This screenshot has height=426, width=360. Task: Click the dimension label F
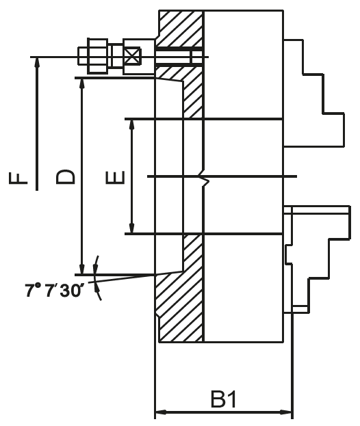click(x=18, y=178)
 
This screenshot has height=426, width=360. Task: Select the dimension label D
click(x=65, y=177)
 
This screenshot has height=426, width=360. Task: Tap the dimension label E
click(x=115, y=178)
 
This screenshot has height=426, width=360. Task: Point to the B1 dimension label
click(x=224, y=399)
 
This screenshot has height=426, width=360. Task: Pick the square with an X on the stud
click(x=132, y=57)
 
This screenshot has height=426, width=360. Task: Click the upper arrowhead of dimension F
click(x=37, y=62)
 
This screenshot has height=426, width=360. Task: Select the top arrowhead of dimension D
click(x=81, y=83)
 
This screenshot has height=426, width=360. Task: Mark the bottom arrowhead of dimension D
click(x=81, y=269)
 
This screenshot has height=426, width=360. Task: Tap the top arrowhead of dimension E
click(x=132, y=124)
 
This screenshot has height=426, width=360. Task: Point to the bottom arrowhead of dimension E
click(x=132, y=228)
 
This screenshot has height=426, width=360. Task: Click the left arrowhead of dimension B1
click(x=160, y=412)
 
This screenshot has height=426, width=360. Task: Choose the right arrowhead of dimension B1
click(x=286, y=412)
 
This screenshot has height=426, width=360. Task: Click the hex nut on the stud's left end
click(x=98, y=56)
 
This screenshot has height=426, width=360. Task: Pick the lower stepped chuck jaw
click(x=317, y=259)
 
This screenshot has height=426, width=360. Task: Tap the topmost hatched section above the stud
click(x=181, y=29)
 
